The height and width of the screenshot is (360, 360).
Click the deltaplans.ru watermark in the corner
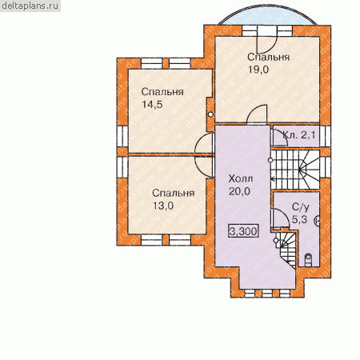coord(30,6)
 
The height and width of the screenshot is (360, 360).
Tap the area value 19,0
coord(258,70)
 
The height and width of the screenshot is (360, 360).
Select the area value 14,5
coord(152,105)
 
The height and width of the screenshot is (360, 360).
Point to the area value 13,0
coord(163,206)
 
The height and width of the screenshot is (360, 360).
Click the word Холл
coord(241,178)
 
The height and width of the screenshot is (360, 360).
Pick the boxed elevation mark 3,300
coord(243,231)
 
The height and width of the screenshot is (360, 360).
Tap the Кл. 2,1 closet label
coord(299,135)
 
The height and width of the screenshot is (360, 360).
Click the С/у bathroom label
coord(301,207)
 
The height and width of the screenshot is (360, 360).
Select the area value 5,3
coord(299,219)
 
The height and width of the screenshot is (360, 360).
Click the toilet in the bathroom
coord(308,260)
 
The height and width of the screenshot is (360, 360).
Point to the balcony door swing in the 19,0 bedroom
coord(267,42)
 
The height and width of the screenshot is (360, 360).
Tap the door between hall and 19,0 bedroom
coord(257,114)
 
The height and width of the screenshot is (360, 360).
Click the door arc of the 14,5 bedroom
coord(205,143)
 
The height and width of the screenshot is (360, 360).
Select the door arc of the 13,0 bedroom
coord(205,166)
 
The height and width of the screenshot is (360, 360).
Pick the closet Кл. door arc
coord(280,138)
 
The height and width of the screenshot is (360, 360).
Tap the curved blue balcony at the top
coord(267,14)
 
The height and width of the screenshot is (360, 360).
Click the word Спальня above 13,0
coord(174,193)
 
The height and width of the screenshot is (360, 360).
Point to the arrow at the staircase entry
coord(273,179)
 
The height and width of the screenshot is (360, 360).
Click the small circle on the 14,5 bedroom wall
coord(210,114)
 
